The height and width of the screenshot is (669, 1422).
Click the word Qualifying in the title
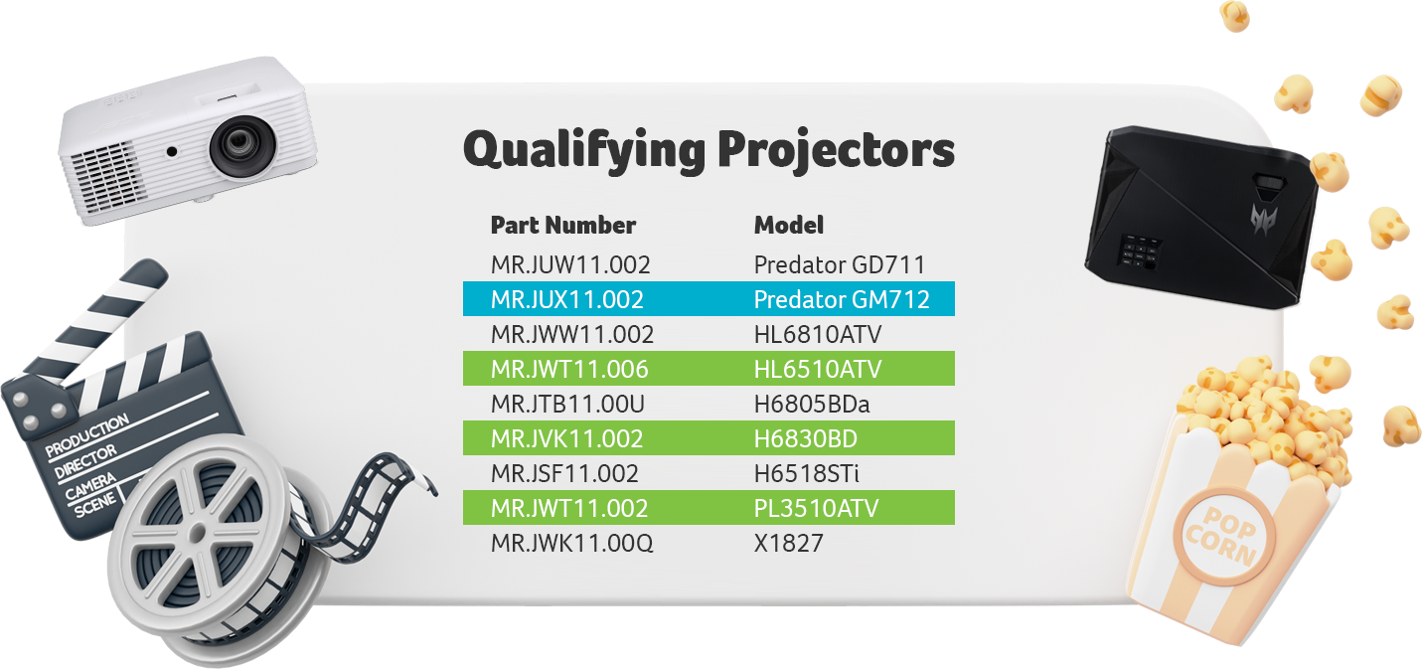point(584,151)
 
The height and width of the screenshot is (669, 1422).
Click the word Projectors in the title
point(836,150)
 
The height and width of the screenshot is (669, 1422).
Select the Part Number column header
point(563,225)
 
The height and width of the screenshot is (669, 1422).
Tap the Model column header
point(788,225)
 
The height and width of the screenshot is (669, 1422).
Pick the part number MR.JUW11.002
point(570,265)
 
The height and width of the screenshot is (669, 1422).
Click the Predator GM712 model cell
point(842,299)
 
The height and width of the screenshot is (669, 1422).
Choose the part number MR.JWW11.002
point(572,334)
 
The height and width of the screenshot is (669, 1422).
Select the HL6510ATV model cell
point(818,369)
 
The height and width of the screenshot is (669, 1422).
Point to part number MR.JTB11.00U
point(567,404)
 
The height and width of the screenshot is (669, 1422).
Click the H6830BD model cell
point(806,438)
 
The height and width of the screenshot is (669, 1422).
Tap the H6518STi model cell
point(806,473)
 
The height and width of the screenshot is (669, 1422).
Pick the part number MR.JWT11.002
point(569,508)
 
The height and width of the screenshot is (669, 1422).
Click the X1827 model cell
point(788,543)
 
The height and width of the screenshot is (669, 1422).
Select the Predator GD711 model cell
point(840,265)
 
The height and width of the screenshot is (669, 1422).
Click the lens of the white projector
point(242,145)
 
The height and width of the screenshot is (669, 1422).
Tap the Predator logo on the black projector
point(1263,219)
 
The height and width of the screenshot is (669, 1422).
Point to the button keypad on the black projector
point(1140,251)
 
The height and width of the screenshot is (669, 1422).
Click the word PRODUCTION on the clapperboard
point(87,435)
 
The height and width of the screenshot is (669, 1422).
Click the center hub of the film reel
point(198,533)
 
